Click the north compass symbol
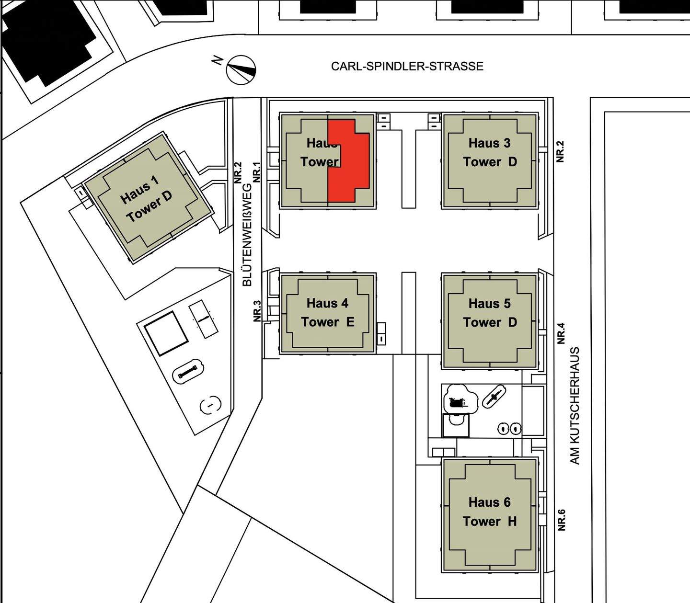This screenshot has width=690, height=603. [x=241, y=69]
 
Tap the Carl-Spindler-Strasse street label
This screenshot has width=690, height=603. [x=407, y=66]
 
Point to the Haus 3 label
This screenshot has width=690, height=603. [x=489, y=143]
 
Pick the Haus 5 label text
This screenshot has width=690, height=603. [x=489, y=304]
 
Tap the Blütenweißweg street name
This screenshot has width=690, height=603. [x=247, y=235]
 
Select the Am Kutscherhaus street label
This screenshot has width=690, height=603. [x=575, y=406]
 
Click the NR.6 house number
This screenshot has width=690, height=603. [x=562, y=520]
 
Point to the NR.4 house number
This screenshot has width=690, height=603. [x=562, y=334]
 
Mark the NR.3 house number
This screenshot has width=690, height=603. [x=257, y=311]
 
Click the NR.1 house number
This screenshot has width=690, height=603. [x=257, y=172]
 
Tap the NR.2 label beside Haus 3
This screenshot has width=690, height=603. [x=560, y=151]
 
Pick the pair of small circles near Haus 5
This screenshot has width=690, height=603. [x=509, y=428]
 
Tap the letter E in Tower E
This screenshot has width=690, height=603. [x=350, y=322]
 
